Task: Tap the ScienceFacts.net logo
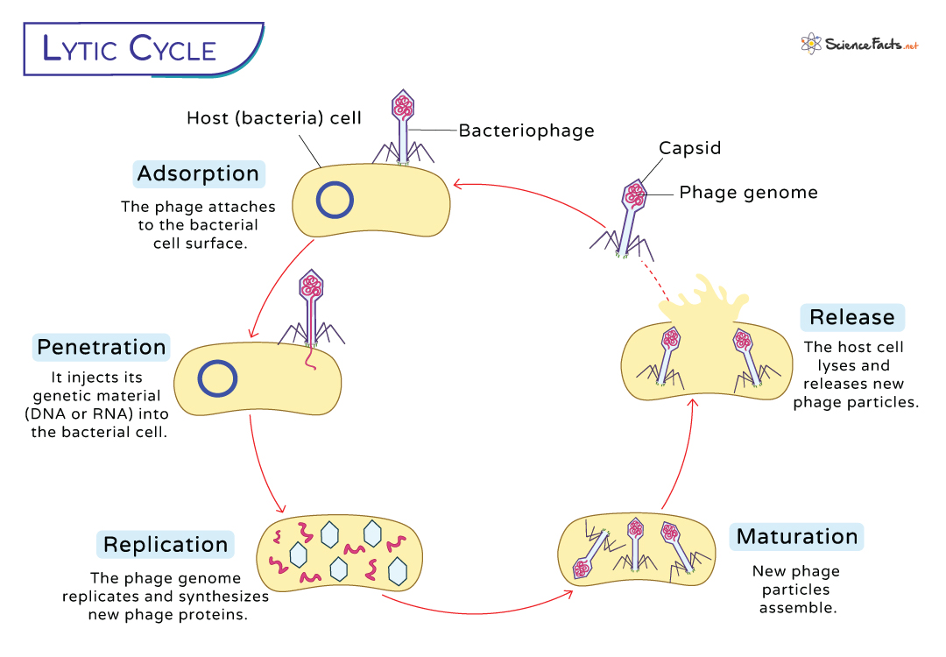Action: [858, 44]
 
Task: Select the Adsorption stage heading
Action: [198, 173]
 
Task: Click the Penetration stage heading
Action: [102, 347]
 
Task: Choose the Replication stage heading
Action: [166, 544]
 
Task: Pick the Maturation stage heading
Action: [797, 536]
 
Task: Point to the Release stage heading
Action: [852, 317]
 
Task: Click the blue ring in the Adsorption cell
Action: [335, 201]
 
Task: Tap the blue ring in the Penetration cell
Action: [217, 378]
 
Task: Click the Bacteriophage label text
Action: [526, 131]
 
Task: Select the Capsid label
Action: [690, 148]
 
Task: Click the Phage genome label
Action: [748, 193]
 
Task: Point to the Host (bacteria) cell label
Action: [274, 117]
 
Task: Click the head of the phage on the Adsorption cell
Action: [403, 106]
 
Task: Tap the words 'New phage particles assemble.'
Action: [796, 589]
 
